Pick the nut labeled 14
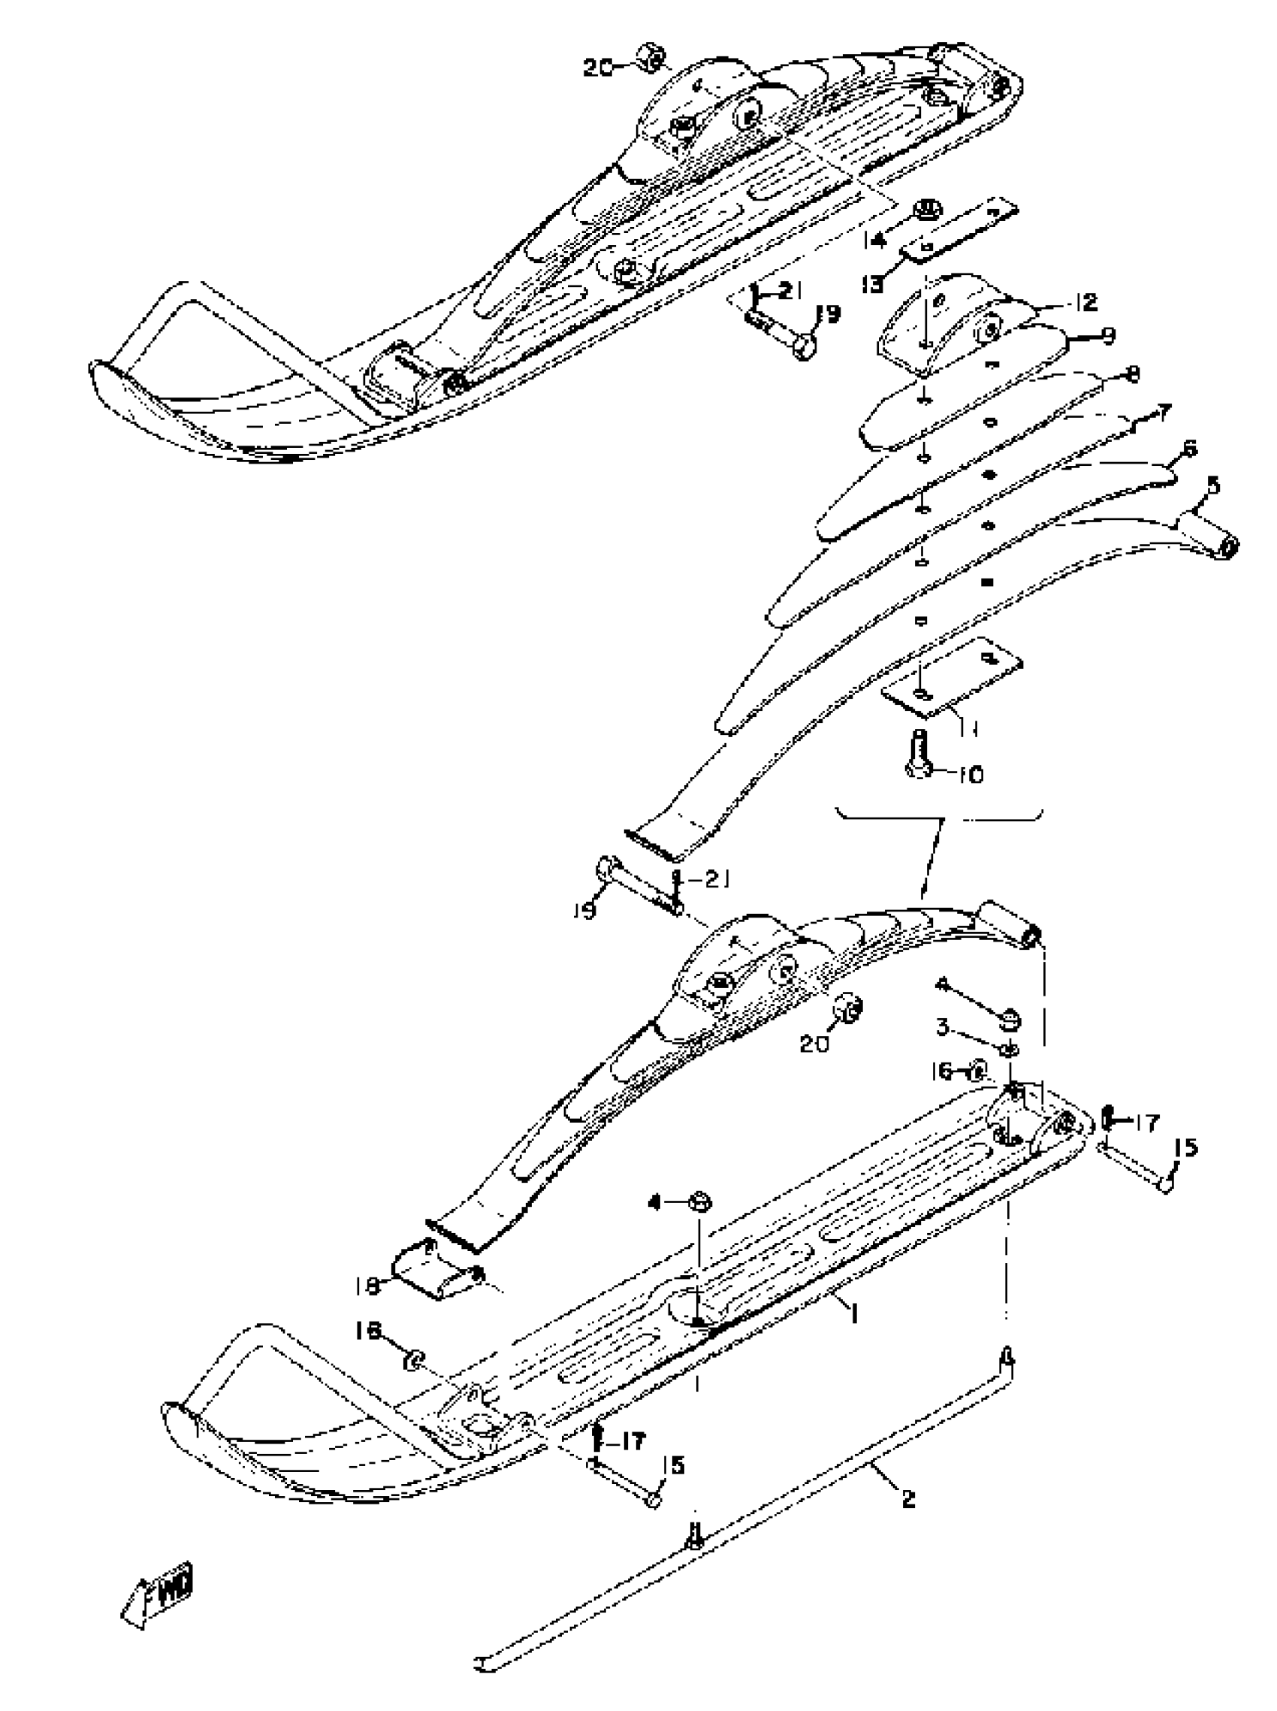pos(924,212)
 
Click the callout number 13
pos(873,285)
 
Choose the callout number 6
pos(1188,449)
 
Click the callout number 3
pos(941,1027)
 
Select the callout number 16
pos(942,1071)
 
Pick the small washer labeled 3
pos(1009,1049)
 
